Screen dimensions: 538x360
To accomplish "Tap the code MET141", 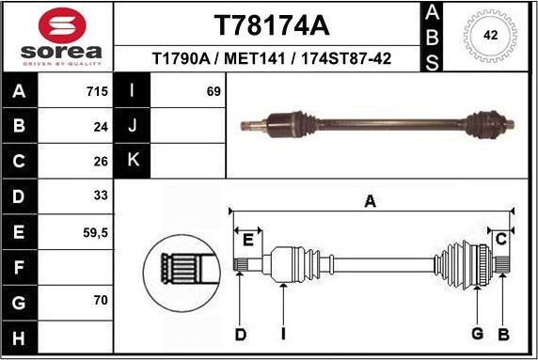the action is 255,59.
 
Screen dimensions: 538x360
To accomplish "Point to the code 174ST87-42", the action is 343,59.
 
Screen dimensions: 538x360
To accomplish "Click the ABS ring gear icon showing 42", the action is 490,36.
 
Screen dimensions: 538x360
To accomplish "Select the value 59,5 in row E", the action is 94,231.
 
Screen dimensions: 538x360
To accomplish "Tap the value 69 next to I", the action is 213,91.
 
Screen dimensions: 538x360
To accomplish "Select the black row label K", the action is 133,161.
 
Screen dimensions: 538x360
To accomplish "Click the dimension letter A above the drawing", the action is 371,200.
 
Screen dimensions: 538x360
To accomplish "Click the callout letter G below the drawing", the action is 477,334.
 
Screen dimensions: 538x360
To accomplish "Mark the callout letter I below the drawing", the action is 283,334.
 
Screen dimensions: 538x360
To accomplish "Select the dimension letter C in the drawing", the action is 501,239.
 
